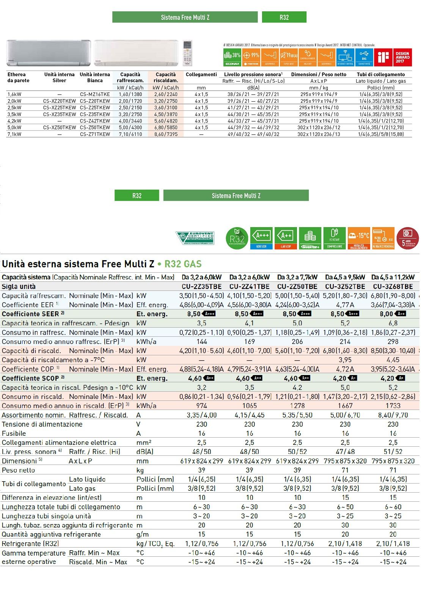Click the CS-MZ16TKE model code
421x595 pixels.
[95, 94]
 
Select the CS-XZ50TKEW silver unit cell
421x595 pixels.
[60, 127]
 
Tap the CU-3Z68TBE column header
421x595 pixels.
[393, 287]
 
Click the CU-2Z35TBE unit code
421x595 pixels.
[201, 287]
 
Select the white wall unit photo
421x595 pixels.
[136, 53]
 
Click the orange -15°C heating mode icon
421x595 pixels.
[358, 238]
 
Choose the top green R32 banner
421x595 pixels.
[284, 17]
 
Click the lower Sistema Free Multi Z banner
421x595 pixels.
[236, 196]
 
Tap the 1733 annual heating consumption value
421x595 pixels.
[393, 406]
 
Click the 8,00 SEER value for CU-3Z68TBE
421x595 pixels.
[387, 314]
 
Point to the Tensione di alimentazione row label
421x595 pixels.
[42, 424]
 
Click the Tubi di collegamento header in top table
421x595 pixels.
[380, 74]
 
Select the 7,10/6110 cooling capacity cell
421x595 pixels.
[130, 134]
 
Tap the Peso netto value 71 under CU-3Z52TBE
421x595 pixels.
[345, 470]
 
